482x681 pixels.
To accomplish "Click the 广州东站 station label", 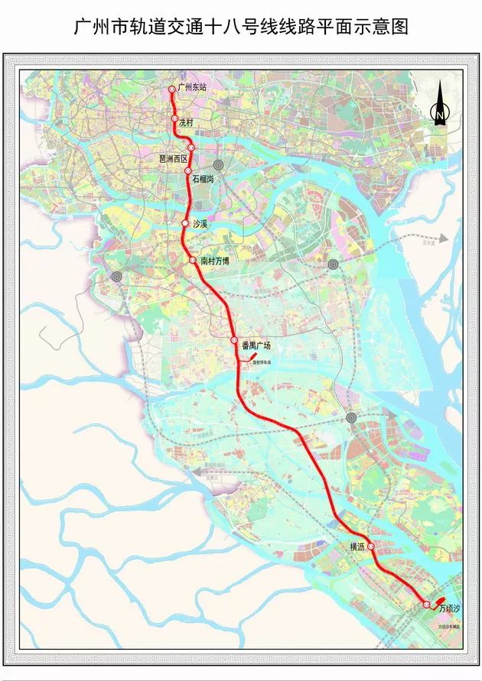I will (192, 88).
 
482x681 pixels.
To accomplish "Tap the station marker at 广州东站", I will (172, 89).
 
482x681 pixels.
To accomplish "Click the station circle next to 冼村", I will (174, 119).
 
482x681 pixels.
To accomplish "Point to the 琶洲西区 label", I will (173, 158).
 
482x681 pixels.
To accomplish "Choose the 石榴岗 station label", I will (204, 178).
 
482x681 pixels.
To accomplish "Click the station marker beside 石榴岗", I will (187, 171).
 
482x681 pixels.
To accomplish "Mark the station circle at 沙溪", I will (184, 223).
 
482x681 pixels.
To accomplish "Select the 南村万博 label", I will (215, 261).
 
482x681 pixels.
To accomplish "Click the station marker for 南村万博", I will (194, 260).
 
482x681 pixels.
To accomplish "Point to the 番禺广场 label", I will (256, 345).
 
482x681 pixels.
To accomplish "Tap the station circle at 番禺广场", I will (234, 340).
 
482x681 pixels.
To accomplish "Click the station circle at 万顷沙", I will (427, 605).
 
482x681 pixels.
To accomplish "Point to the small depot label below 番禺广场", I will (263, 362).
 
